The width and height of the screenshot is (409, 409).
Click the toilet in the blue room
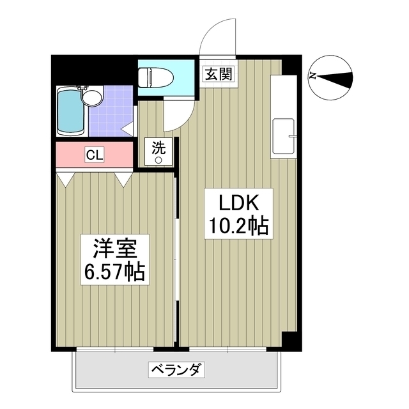point(156,77)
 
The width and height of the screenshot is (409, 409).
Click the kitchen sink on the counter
point(284,136)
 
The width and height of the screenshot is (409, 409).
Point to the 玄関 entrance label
point(219,74)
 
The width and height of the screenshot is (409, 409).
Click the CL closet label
point(95,155)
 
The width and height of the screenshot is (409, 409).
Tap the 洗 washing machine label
point(158,148)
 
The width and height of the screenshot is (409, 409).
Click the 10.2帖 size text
point(238,226)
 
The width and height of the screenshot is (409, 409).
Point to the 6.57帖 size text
point(114,272)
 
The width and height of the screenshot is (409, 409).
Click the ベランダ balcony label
point(176,369)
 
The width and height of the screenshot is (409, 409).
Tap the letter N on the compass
point(313,76)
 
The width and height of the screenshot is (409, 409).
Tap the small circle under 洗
point(158,160)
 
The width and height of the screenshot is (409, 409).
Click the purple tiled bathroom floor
point(111,111)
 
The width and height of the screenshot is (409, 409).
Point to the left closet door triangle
point(65,180)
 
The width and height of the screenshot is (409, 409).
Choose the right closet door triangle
point(123,180)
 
